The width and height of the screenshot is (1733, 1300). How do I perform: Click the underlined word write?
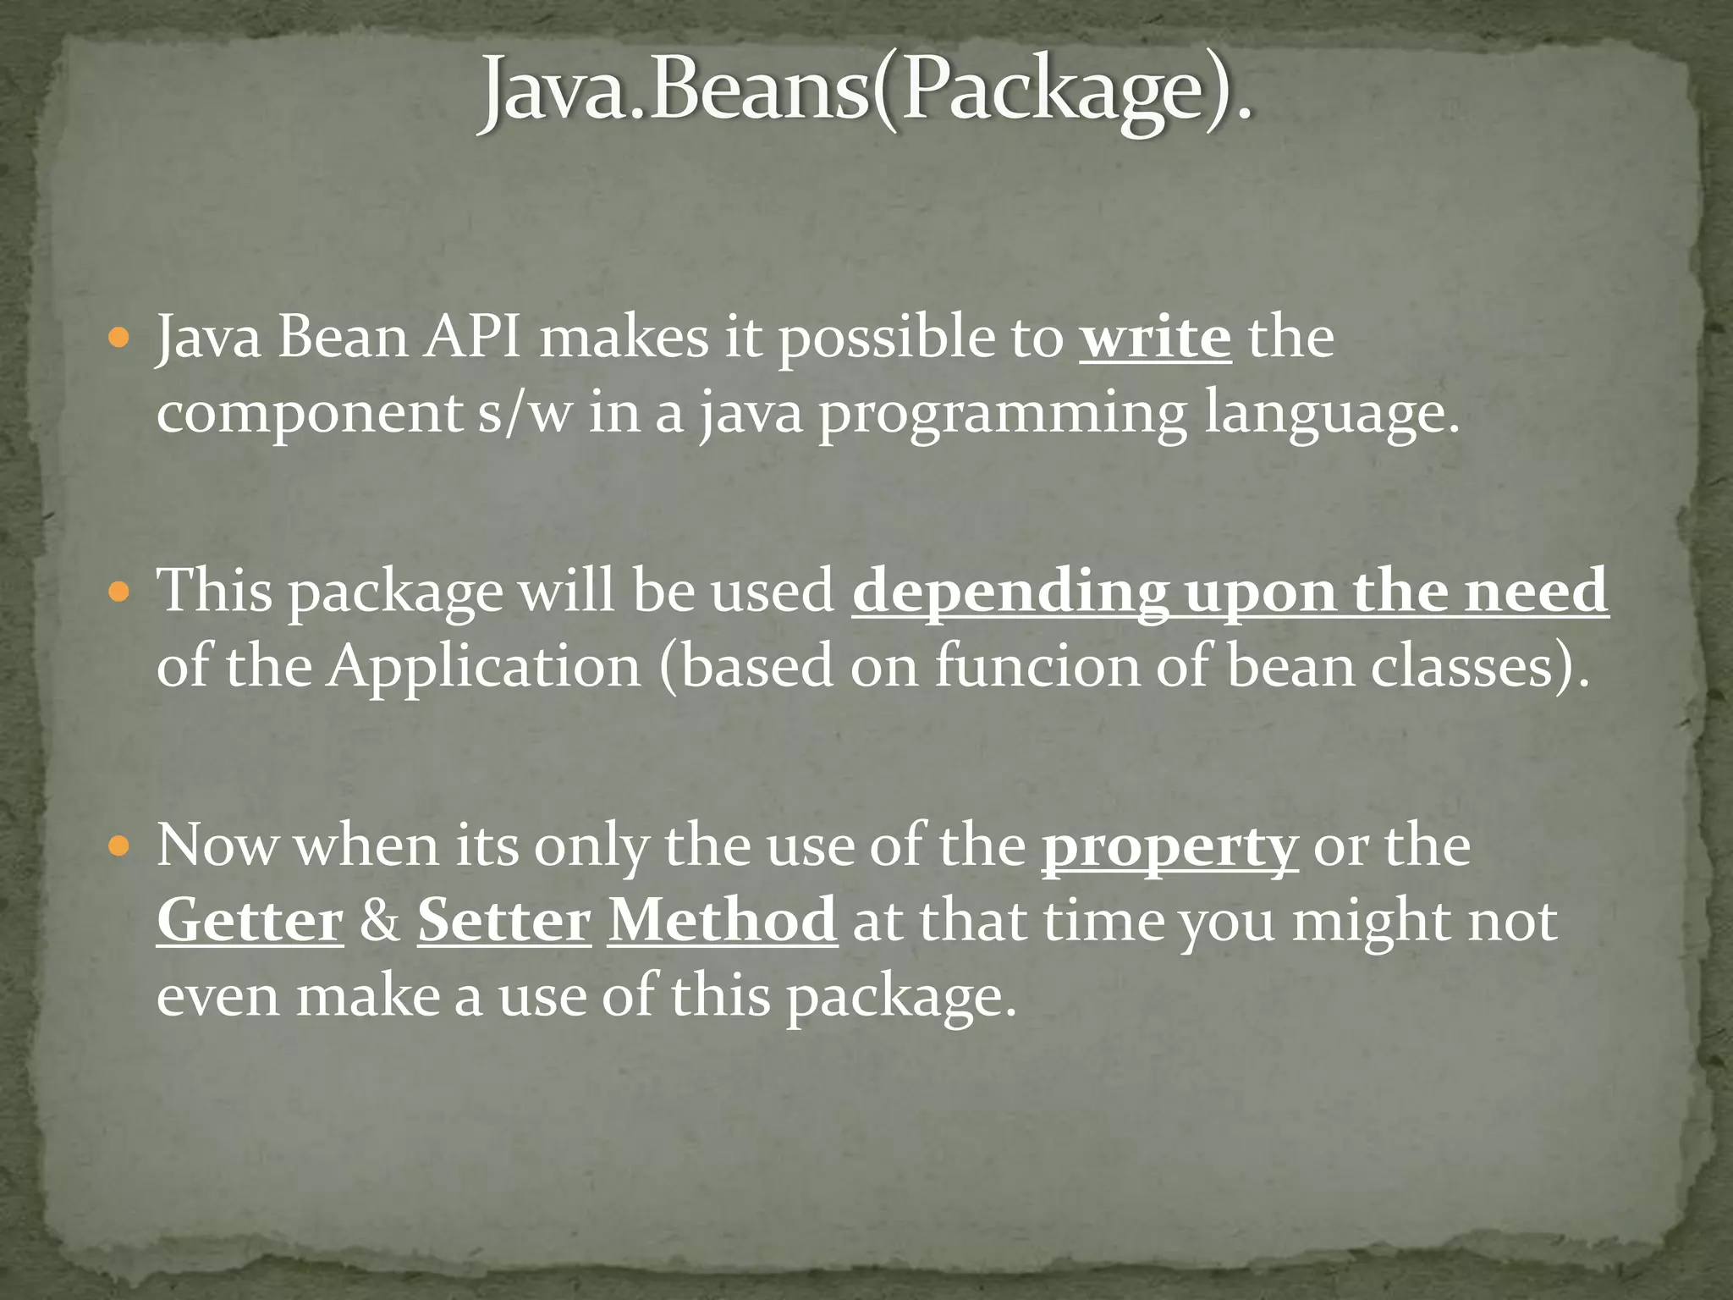pyautogui.click(x=1155, y=338)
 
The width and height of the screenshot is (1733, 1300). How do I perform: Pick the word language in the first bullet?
pyautogui.click(x=1331, y=414)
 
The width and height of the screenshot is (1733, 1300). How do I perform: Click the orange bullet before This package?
pyautogui.click(x=120, y=592)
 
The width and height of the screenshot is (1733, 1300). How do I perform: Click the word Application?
pyautogui.click(x=484, y=667)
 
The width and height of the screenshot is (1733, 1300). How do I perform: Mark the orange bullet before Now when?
pyautogui.click(x=120, y=846)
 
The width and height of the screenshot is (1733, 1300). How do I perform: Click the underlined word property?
pyautogui.click(x=1169, y=846)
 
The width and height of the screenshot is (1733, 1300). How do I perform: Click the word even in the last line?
pyautogui.click(x=217, y=996)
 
